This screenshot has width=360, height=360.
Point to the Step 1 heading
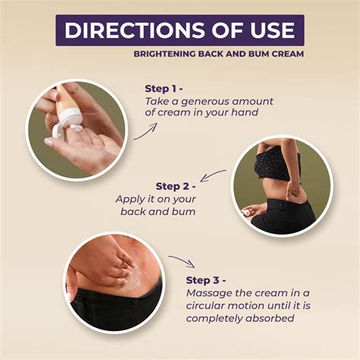(x=164, y=89)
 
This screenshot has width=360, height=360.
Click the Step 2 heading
(x=176, y=186)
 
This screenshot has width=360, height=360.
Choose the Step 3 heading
(x=206, y=280)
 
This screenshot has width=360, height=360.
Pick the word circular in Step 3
(x=205, y=306)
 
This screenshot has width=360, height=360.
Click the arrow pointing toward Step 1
(x=147, y=131)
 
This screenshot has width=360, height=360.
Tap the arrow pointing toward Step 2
(x=213, y=175)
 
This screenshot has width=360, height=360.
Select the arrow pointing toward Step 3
(x=182, y=261)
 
